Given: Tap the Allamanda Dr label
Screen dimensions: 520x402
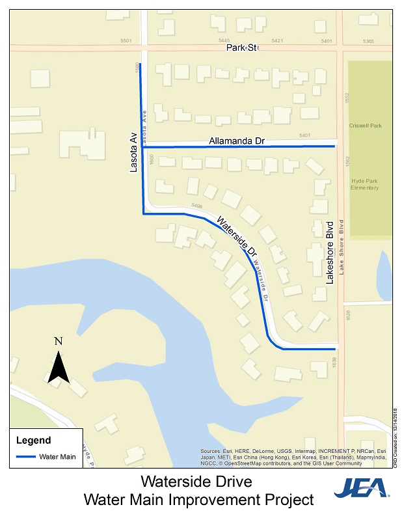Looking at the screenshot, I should [x=237, y=141].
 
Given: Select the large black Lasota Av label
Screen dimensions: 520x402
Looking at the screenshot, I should [x=133, y=154].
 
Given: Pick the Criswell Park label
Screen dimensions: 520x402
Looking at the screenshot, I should [x=364, y=126].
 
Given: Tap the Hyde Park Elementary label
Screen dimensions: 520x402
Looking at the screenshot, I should [x=364, y=184].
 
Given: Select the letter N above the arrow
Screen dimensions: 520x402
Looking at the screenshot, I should [x=58, y=341].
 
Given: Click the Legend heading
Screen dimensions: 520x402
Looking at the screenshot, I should [x=33, y=441].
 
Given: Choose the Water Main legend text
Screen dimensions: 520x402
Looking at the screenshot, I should [x=57, y=457].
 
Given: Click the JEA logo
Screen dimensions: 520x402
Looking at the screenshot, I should [x=362, y=488].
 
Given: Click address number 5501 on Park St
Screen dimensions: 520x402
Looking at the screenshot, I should [x=126, y=41].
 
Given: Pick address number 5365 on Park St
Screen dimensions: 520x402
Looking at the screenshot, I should [x=368, y=41].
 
